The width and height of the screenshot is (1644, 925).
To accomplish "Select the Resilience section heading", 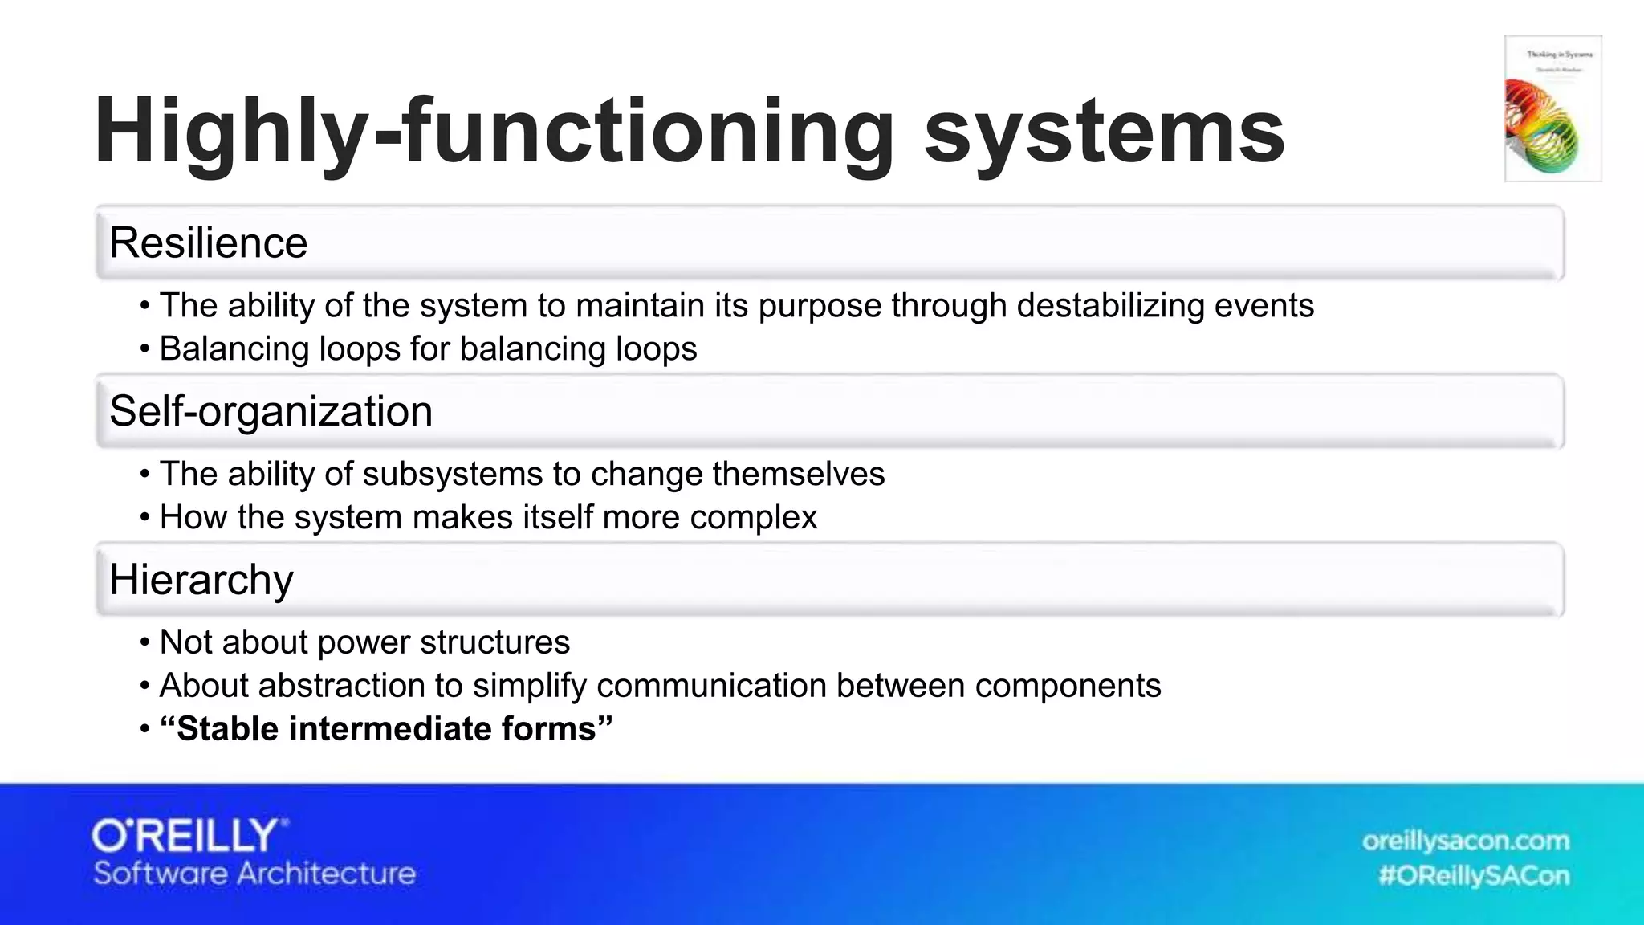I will pyautogui.click(x=209, y=243).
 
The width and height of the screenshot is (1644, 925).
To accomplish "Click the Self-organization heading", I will pyautogui.click(x=271, y=412).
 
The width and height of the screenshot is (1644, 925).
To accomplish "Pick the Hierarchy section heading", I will pyautogui.click(x=201, y=580).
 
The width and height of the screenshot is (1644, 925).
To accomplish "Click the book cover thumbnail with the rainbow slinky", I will pyautogui.click(x=1552, y=109).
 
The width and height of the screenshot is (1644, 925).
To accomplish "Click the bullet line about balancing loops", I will pyautogui.click(x=428, y=349).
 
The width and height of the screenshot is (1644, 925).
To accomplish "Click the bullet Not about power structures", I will pyautogui.click(x=364, y=642).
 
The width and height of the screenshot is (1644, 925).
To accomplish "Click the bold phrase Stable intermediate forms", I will pyautogui.click(x=386, y=729).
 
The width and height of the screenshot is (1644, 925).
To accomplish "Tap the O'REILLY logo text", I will pyautogui.click(x=189, y=837).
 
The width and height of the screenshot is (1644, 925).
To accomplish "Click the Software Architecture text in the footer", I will pyautogui.click(x=254, y=874).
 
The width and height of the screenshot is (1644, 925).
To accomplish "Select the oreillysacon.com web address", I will pyautogui.click(x=1465, y=841).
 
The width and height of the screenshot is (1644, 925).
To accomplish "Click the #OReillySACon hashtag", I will pyautogui.click(x=1473, y=875).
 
